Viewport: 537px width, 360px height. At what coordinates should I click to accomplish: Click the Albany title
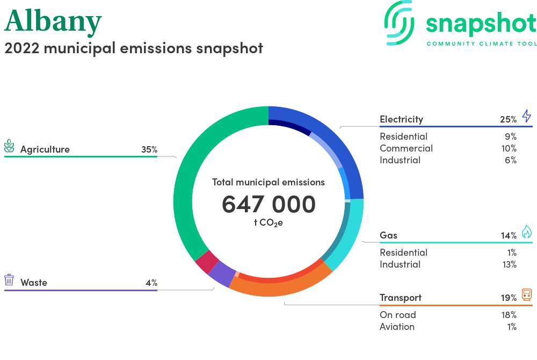(x=53, y=21)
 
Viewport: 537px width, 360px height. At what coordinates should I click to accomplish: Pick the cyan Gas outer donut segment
(x=351, y=233)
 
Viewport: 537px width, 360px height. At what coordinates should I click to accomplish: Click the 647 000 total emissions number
(x=268, y=204)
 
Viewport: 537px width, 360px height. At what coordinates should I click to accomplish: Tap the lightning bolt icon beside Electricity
(x=527, y=116)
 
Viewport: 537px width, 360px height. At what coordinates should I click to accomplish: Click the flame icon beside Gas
(x=527, y=232)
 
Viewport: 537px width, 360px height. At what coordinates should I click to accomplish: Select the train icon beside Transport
(x=527, y=294)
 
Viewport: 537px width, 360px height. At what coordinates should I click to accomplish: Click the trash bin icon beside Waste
(x=9, y=280)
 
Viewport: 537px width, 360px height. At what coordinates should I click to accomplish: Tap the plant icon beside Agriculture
(x=9, y=146)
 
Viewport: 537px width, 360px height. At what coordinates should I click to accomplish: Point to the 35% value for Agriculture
(x=149, y=149)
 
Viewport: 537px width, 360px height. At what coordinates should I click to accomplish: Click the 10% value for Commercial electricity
(x=509, y=148)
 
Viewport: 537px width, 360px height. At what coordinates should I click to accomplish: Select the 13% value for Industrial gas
(x=509, y=264)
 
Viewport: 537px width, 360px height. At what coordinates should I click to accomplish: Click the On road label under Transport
(x=397, y=315)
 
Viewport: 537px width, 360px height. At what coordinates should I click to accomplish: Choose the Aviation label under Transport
(x=397, y=327)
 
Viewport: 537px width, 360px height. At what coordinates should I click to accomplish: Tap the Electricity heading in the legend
(x=401, y=119)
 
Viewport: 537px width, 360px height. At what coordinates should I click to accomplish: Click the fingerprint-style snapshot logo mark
(x=400, y=23)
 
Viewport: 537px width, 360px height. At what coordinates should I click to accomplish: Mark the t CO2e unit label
(x=268, y=222)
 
